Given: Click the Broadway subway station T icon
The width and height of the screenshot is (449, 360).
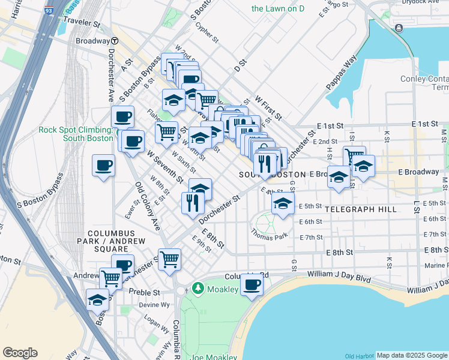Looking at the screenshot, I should click(114, 41).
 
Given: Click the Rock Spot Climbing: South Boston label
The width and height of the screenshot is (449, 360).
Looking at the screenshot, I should click(76, 134).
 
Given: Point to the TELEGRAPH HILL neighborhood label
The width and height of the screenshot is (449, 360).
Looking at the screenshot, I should click(361, 209).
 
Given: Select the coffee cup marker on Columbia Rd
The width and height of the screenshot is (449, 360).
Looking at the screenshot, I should click(252, 284).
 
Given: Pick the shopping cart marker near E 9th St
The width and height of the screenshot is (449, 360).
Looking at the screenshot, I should click(170, 259).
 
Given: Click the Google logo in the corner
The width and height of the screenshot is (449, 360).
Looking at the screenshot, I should click(20, 352).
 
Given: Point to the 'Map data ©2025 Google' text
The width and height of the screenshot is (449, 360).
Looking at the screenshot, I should click(412, 355).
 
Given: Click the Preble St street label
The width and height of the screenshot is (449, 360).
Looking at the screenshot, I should click(145, 293).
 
